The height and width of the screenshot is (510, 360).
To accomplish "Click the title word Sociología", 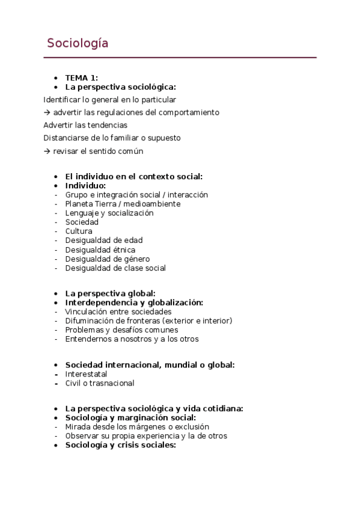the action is coord(78,43).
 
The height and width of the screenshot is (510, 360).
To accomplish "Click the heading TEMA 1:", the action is coord(81,78).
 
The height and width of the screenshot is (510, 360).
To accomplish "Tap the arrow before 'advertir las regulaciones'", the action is coord(47,112).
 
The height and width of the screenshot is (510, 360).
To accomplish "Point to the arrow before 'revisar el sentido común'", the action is coord(47,151).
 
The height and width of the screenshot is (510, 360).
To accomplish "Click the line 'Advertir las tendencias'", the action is coord(85,125).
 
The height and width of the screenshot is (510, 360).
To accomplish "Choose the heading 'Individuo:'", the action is coord(85,186).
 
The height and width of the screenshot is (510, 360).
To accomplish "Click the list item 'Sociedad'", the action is coord(82,222).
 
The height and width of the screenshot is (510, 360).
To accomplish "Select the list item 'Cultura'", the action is coord(79,231).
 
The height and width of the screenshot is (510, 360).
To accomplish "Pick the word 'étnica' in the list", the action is coord(123,250).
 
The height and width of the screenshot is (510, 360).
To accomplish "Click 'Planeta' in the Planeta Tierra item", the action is coord(79,204).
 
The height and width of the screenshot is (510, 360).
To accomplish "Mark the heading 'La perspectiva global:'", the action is coord(110,293).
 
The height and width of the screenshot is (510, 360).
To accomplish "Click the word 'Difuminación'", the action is coord(89,321).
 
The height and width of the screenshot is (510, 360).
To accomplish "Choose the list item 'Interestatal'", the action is coord(86,374).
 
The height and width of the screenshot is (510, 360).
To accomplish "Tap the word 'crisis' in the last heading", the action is coord(120,445).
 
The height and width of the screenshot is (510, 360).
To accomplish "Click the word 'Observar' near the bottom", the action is coord(81,435).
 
